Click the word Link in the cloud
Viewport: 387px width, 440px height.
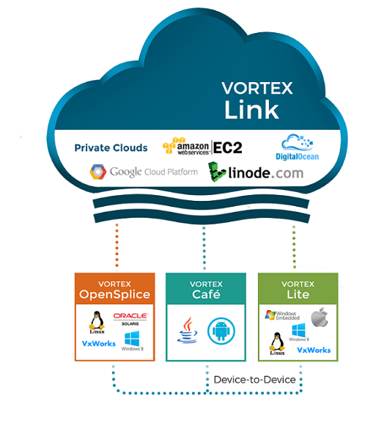[251, 109]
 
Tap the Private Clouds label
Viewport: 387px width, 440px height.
[111, 148]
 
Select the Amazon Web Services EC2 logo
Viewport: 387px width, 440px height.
[202, 147]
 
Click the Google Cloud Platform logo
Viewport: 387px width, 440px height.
[144, 172]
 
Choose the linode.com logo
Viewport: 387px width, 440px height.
[255, 173]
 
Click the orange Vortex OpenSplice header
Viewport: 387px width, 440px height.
[114, 290]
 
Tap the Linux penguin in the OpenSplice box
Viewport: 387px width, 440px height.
[96, 323]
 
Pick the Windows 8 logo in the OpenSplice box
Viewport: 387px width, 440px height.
[133, 342]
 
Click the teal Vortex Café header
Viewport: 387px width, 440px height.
[206, 290]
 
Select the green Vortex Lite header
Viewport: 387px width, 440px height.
[298, 290]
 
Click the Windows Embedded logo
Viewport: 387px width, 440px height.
[281, 316]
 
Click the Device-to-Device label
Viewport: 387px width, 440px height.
[254, 379]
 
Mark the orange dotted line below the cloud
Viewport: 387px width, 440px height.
[117, 246]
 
